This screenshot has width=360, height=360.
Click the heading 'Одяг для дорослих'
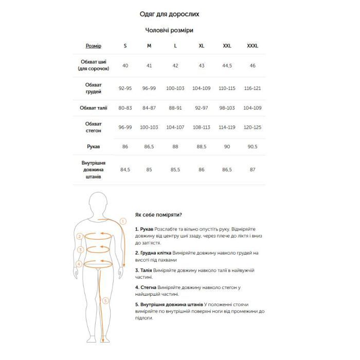[169, 14]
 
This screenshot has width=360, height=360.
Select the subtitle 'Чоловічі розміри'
[169, 30]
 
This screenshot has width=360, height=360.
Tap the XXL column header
[227, 46]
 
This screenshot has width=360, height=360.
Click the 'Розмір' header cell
[93, 46]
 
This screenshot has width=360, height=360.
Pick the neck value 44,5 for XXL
[227, 66]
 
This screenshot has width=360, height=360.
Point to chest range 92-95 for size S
[125, 88]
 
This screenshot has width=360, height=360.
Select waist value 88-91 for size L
[175, 108]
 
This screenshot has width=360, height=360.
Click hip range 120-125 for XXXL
[253, 127]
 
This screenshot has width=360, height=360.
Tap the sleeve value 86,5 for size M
[149, 147]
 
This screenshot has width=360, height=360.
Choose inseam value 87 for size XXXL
[253, 169]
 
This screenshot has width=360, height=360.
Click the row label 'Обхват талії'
[93, 108]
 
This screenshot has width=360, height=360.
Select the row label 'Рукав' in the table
[93, 147]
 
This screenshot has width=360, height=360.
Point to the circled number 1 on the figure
[122, 222]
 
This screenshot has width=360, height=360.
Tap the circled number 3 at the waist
[80, 250]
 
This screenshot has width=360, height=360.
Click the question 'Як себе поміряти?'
[158, 214]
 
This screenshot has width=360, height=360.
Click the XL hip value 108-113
[201, 127]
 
